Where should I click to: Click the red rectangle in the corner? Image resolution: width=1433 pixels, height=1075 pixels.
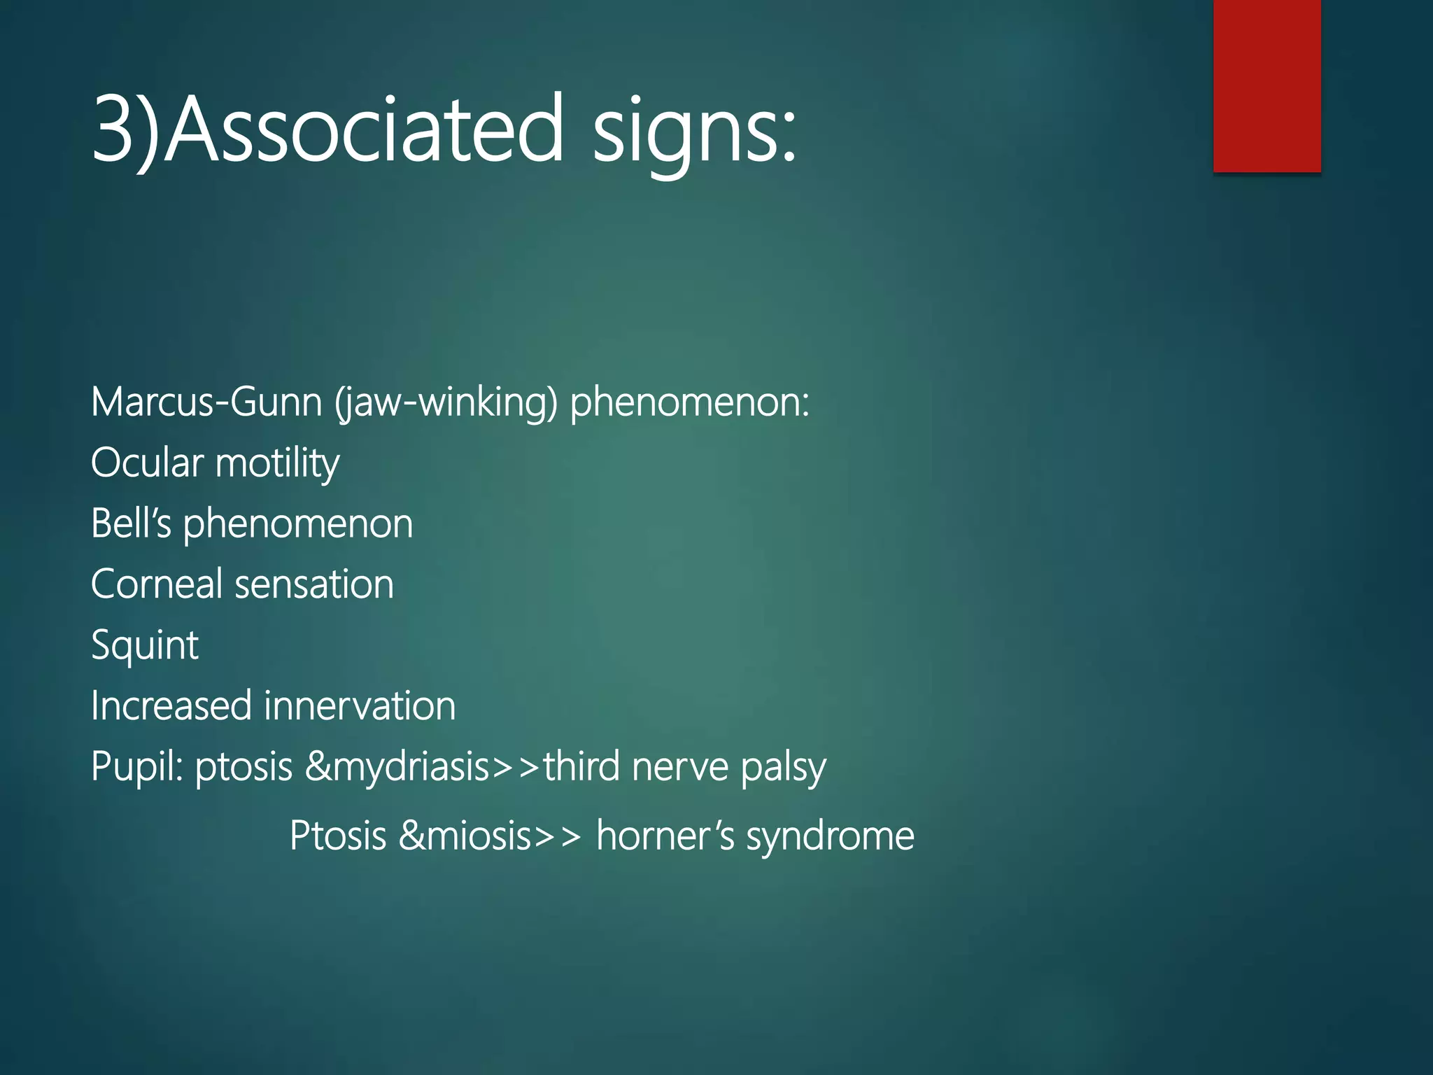(x=1266, y=85)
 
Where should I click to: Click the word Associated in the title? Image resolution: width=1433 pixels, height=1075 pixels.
(x=364, y=129)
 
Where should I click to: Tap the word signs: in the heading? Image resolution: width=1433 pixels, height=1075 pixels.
(x=694, y=133)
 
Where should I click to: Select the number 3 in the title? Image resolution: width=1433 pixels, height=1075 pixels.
(x=112, y=129)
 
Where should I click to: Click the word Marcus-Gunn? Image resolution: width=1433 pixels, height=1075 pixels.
(x=206, y=402)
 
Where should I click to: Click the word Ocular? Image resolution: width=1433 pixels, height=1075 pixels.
(x=147, y=463)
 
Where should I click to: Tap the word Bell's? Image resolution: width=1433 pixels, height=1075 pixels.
(x=131, y=524)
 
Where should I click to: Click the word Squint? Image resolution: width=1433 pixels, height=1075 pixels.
(x=145, y=645)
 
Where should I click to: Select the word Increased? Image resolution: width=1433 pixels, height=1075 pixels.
(x=171, y=705)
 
